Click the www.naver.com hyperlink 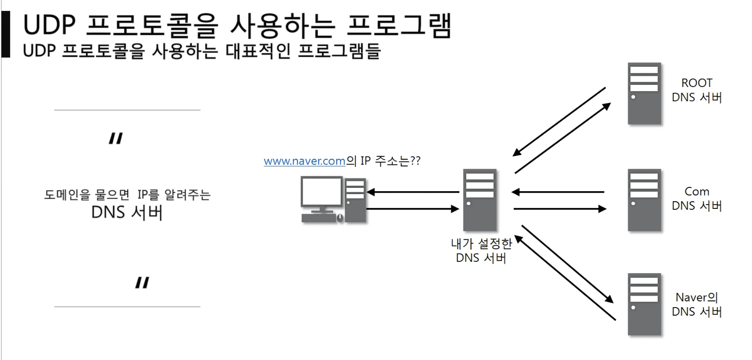[304, 161]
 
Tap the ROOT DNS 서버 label [696, 90]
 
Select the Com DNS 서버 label [696, 198]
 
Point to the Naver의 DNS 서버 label [696, 304]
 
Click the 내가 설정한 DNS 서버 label [481, 251]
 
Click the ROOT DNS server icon [644, 93]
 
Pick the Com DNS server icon [644, 200]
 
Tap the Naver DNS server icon [644, 304]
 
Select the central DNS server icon [480, 200]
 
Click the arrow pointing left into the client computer [413, 192]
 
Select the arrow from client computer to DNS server [413, 208]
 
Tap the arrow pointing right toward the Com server [559, 208]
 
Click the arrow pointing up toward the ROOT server [563, 138]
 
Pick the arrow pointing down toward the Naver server [567, 264]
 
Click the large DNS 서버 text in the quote [127, 212]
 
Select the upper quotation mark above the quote [115, 139]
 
